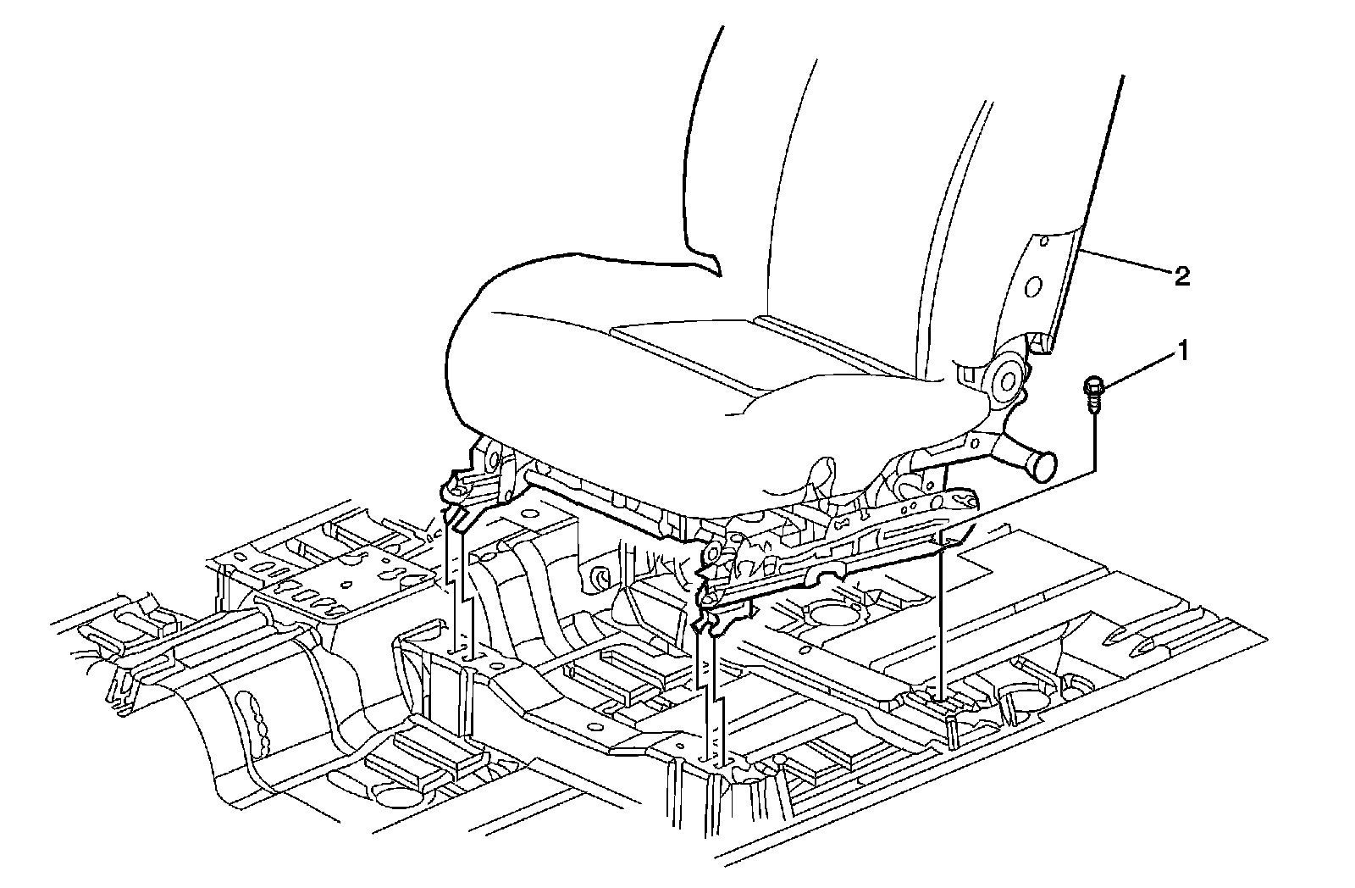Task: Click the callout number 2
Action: click(x=1181, y=275)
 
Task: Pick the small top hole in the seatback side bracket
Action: click(x=1044, y=241)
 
